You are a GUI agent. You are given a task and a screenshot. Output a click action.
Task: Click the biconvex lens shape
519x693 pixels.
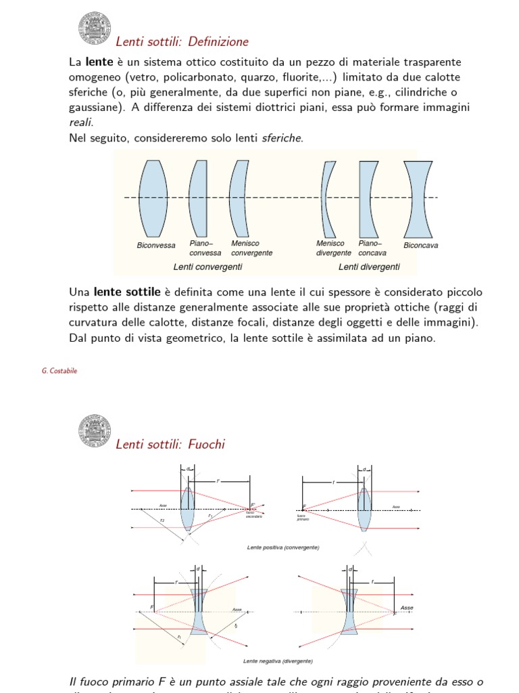pyautogui.click(x=153, y=197)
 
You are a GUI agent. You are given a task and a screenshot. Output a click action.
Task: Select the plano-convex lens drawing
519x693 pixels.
pyautogui.click(x=199, y=197)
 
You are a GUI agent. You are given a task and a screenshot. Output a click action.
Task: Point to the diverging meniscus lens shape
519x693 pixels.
pyautogui.click(x=327, y=197)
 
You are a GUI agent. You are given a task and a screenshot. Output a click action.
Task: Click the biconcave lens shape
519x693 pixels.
pyautogui.click(x=418, y=197)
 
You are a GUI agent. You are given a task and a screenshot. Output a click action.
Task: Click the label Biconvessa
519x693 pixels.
pyautogui.click(x=156, y=246)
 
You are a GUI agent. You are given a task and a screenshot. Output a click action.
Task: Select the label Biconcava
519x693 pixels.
pyautogui.click(x=420, y=246)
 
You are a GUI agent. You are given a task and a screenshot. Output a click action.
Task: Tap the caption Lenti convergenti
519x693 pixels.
pyautogui.click(x=207, y=267)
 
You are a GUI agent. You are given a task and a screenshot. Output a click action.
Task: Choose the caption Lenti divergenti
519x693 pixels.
pyautogui.click(x=369, y=267)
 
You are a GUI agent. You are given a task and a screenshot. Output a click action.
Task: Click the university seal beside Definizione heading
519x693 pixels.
pyautogui.click(x=93, y=28)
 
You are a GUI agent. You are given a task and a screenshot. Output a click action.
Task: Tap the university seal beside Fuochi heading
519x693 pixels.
pyautogui.click(x=93, y=430)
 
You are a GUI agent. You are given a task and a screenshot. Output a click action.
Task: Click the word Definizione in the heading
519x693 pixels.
pyautogui.click(x=218, y=42)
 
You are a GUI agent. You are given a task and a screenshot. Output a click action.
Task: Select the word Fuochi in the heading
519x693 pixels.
pyautogui.click(x=206, y=444)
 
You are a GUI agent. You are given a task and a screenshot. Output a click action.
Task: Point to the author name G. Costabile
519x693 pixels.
pyautogui.click(x=59, y=371)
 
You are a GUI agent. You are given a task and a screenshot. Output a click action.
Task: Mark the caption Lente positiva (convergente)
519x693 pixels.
pyautogui.click(x=283, y=547)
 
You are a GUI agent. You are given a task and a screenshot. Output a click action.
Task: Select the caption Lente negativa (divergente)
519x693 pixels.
pyautogui.click(x=278, y=661)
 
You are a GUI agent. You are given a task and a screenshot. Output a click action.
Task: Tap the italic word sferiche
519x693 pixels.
pyautogui.click(x=282, y=138)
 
